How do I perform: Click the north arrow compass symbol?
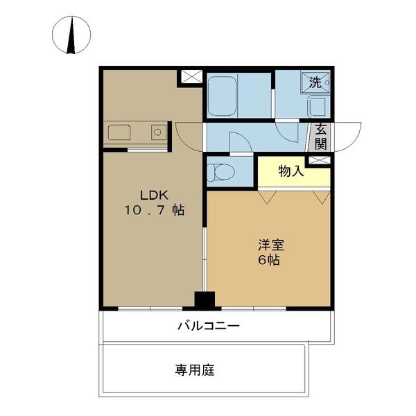(x=72, y=35)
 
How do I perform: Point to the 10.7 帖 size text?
(x=154, y=210)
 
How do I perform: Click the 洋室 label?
(x=270, y=245)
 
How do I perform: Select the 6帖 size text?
(x=270, y=261)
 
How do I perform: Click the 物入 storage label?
(x=291, y=171)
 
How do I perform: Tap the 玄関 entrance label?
(x=320, y=136)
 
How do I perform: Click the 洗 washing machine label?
(x=315, y=83)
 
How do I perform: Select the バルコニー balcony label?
(x=208, y=325)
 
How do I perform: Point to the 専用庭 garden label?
(x=195, y=370)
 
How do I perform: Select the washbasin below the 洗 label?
(x=317, y=107)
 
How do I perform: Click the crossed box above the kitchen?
(x=191, y=77)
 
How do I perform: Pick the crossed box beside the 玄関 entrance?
(x=319, y=160)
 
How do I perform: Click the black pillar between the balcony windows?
(x=205, y=301)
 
